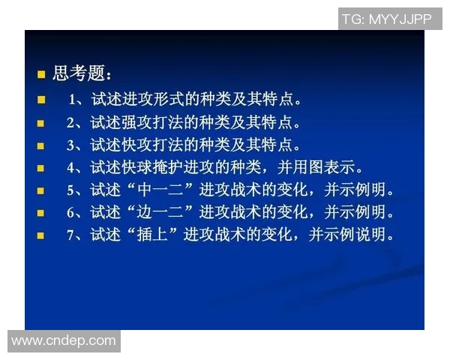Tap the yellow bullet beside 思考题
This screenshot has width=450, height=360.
click(x=42, y=74)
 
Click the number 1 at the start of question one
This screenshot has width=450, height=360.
click(x=73, y=99)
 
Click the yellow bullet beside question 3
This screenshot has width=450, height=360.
click(x=42, y=145)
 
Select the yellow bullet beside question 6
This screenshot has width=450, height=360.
click(x=42, y=213)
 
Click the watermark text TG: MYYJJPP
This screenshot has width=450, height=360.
click(x=387, y=19)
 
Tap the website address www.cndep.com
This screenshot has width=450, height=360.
click(x=64, y=341)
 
